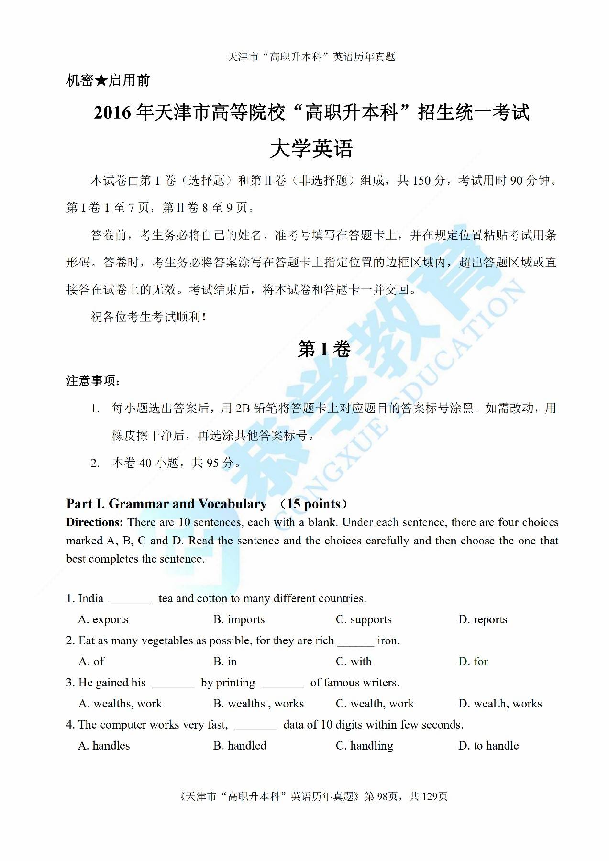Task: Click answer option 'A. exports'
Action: pos(103,619)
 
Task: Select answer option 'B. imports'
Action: pos(239,619)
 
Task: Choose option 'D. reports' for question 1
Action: pos(482,619)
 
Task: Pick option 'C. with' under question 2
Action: pos(354,662)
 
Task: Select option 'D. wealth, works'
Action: pos(500,704)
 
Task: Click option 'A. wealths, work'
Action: pos(120,704)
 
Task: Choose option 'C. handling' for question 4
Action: pos(364,746)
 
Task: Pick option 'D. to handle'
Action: pos(488,746)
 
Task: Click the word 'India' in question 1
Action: pos(90,598)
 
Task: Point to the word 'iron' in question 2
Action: pos(388,640)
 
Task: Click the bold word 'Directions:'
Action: pos(95,522)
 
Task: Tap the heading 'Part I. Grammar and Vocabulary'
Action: pos(166,504)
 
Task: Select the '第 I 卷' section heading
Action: pos(324,349)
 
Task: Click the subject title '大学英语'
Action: pos(311,149)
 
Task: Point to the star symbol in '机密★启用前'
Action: pos(100,80)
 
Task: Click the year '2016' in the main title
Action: pos(112,113)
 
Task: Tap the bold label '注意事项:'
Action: pos(93,381)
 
